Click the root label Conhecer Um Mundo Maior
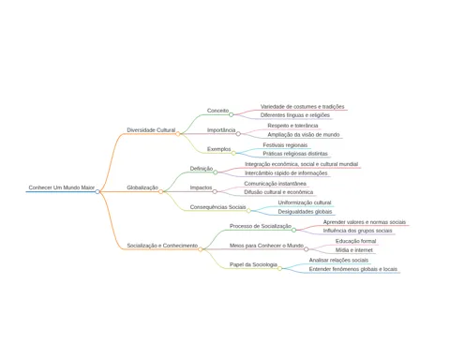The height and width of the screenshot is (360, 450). (x=62, y=187)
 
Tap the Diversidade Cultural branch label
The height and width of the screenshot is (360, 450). (x=151, y=130)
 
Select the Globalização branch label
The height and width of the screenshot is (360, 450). (x=142, y=187)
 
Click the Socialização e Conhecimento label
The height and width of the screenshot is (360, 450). (x=162, y=246)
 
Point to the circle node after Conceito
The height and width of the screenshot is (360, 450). (x=232, y=114)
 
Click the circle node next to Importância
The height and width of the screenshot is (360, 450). (x=238, y=134)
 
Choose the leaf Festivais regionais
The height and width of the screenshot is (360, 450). (x=285, y=145)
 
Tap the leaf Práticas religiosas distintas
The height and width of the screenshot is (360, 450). (x=295, y=154)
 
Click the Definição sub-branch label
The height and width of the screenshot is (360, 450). (x=202, y=169)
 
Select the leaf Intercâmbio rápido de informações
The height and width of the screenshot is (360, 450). (x=286, y=173)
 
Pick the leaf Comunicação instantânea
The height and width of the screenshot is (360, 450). (x=275, y=184)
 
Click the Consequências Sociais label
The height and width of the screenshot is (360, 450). (x=217, y=207)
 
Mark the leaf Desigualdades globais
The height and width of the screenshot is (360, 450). (x=305, y=212)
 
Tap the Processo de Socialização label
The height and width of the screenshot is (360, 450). (x=261, y=226)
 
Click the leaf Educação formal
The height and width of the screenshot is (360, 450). (x=355, y=241)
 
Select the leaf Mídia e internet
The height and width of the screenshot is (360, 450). (x=354, y=250)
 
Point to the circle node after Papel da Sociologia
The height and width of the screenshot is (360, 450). (x=279, y=268)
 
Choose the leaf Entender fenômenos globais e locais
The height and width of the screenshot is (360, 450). (x=353, y=269)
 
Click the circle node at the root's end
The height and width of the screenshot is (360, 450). (x=97, y=191)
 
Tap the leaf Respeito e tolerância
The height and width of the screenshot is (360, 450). (x=292, y=126)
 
